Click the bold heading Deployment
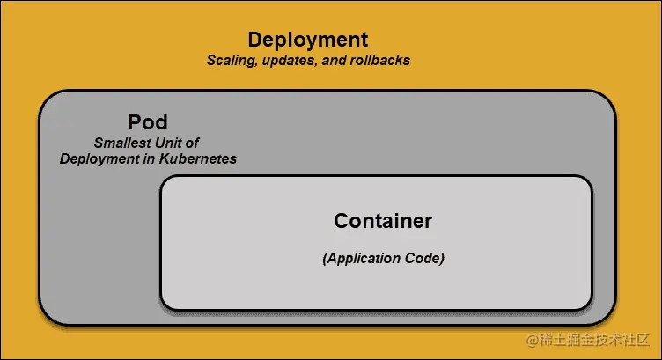[307, 40]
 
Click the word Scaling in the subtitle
[232, 62]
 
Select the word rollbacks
[379, 62]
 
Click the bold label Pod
[148, 122]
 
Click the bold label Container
[383, 221]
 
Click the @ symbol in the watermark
[532, 339]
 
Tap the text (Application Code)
[383, 259]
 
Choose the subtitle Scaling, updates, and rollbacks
[308, 62]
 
